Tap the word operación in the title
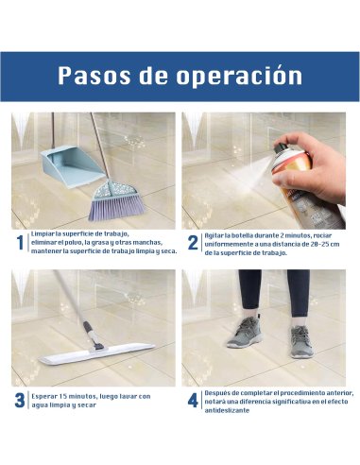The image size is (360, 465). click(239, 76)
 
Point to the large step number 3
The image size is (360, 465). click(20, 400)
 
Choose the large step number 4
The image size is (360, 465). click(193, 400)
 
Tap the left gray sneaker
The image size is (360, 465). click(245, 332)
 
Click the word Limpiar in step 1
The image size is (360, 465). click(44, 232)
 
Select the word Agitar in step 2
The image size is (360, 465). click(216, 232)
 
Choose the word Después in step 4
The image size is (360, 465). click(220, 390)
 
